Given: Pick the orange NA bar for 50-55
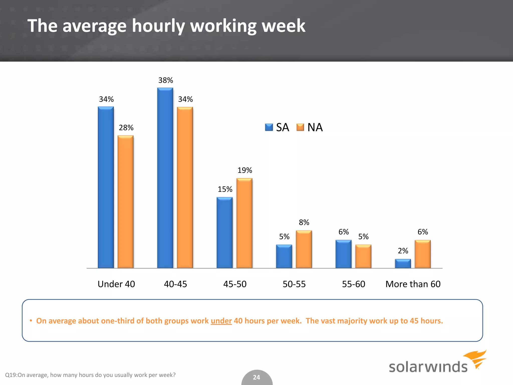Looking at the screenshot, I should pyautogui.click(x=304, y=249).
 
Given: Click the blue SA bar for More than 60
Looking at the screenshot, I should pyautogui.click(x=403, y=264).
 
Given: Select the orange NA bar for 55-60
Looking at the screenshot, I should pyautogui.click(x=363, y=256).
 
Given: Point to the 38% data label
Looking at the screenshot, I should pyautogui.click(x=166, y=80).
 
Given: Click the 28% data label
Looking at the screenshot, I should pyautogui.click(x=126, y=128).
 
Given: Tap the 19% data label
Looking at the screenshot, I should pyautogui.click(x=245, y=170).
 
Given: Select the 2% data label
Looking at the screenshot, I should pyautogui.click(x=403, y=251).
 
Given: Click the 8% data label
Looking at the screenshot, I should pyautogui.click(x=304, y=222).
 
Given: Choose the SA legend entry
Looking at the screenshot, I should pyautogui.click(x=277, y=127).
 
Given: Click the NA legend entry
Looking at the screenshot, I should pyautogui.click(x=310, y=127).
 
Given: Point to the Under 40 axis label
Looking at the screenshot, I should pyautogui.click(x=116, y=284).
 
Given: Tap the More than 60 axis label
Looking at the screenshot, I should pyautogui.click(x=413, y=284).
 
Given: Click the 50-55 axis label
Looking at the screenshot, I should pyautogui.click(x=294, y=284).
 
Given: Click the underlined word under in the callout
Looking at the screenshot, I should pyautogui.click(x=221, y=321).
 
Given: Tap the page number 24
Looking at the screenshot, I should pyautogui.click(x=256, y=377).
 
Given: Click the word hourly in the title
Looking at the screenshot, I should pyautogui.click(x=158, y=26).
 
